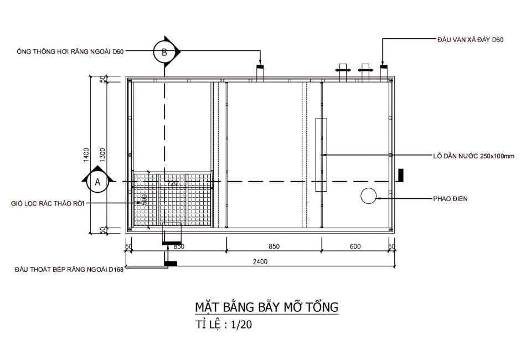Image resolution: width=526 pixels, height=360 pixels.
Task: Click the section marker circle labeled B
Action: click(x=164, y=52)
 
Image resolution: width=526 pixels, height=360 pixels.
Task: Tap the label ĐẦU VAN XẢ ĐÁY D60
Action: click(x=470, y=40)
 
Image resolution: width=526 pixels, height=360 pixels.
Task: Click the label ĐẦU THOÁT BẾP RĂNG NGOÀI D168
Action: click(x=69, y=270)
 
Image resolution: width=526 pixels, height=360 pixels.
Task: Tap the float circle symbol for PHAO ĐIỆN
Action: click(x=368, y=196)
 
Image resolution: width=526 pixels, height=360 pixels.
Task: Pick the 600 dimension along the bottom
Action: click(x=355, y=246)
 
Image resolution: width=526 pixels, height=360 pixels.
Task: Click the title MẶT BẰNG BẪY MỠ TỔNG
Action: click(x=266, y=307)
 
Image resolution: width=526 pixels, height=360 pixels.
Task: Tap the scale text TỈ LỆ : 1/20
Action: click(x=224, y=325)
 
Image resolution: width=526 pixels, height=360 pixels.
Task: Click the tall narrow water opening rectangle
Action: click(x=321, y=155)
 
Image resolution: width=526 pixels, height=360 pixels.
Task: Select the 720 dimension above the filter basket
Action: click(x=172, y=183)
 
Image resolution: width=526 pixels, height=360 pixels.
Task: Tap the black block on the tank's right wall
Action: click(x=399, y=174)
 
